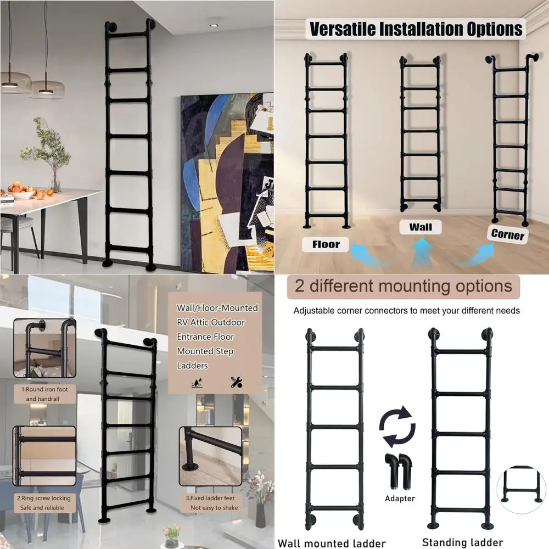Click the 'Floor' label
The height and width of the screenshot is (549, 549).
pos(326,244)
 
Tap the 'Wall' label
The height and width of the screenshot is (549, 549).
pos(421,227)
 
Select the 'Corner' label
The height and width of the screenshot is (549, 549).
pos(508,234)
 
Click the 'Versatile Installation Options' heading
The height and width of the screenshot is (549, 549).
pos(416,29)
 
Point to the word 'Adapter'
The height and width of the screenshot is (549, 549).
pos(400,498)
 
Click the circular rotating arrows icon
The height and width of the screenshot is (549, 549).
pos(396,427)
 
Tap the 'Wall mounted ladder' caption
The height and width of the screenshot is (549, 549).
pos(332,543)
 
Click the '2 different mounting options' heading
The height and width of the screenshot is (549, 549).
pos(404,286)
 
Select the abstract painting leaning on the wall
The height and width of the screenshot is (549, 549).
pos(227,181)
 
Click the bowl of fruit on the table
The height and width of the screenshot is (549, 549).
pos(23,193)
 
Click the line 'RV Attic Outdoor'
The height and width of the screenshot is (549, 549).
pos(211,322)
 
